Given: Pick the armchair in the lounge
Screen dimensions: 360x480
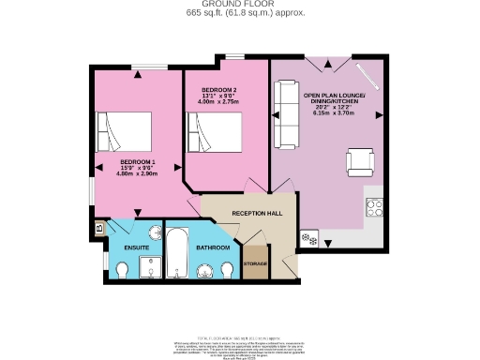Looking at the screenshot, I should (x=360, y=163).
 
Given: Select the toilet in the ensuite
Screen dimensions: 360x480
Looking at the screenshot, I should (x=122, y=270).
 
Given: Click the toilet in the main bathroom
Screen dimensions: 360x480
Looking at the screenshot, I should (x=229, y=270).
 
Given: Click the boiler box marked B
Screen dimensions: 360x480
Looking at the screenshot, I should (x=98, y=227).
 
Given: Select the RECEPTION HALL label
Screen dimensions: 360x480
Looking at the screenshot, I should (x=256, y=213).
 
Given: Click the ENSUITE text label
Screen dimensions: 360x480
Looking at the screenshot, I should (x=124, y=247).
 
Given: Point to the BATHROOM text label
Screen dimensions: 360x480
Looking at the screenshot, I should (x=214, y=247).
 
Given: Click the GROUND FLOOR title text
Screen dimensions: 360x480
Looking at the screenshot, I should (x=239, y=5).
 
